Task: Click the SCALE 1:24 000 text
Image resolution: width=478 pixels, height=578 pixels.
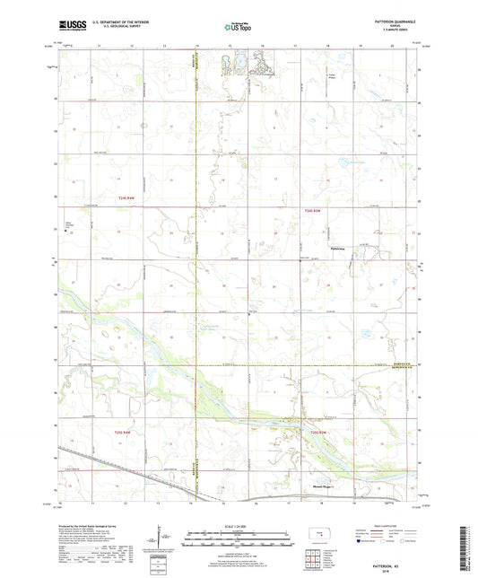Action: click(x=239, y=525)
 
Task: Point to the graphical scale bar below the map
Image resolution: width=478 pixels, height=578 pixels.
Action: click(x=239, y=542)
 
